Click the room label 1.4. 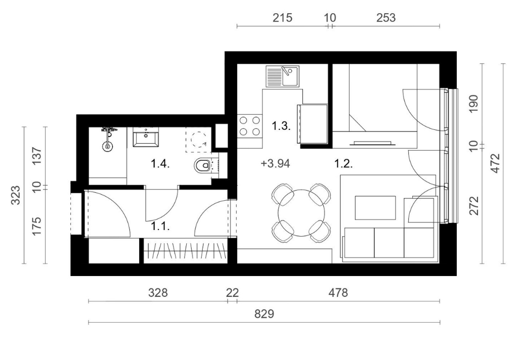click(160, 163)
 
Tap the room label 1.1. click(160, 226)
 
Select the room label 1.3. click(281, 126)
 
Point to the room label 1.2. click(343, 163)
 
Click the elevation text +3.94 click(275, 163)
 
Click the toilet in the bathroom click(203, 165)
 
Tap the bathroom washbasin click(146, 139)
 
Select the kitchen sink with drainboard click(282, 76)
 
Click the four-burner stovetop click(250, 126)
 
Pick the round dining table click(301, 212)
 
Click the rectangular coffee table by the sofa click(375, 208)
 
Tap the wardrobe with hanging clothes click(185, 251)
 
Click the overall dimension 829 click(264, 314)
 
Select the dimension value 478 click(338, 293)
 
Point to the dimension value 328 click(158, 293)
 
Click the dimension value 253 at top click(386, 18)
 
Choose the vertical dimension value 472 click(496, 163)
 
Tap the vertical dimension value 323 click(16, 195)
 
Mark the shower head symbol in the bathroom click(107, 146)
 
